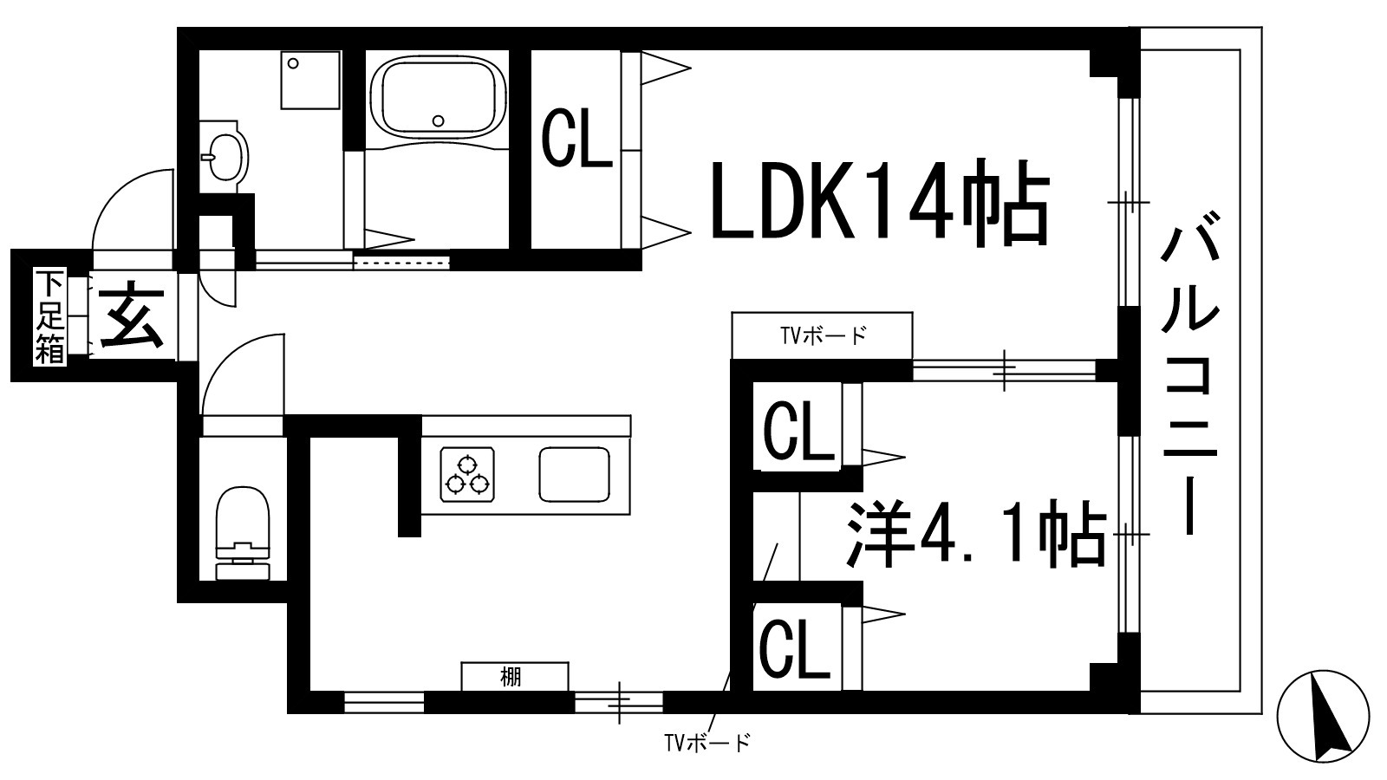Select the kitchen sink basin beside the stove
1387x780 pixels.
(574, 474)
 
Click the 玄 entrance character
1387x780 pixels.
(132, 315)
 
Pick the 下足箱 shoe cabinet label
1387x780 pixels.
(49, 317)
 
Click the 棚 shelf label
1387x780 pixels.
(511, 677)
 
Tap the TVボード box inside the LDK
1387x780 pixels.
(822, 335)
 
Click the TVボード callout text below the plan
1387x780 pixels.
(707, 743)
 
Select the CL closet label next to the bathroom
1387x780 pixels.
(576, 138)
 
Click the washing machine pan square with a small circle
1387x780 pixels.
(309, 80)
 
